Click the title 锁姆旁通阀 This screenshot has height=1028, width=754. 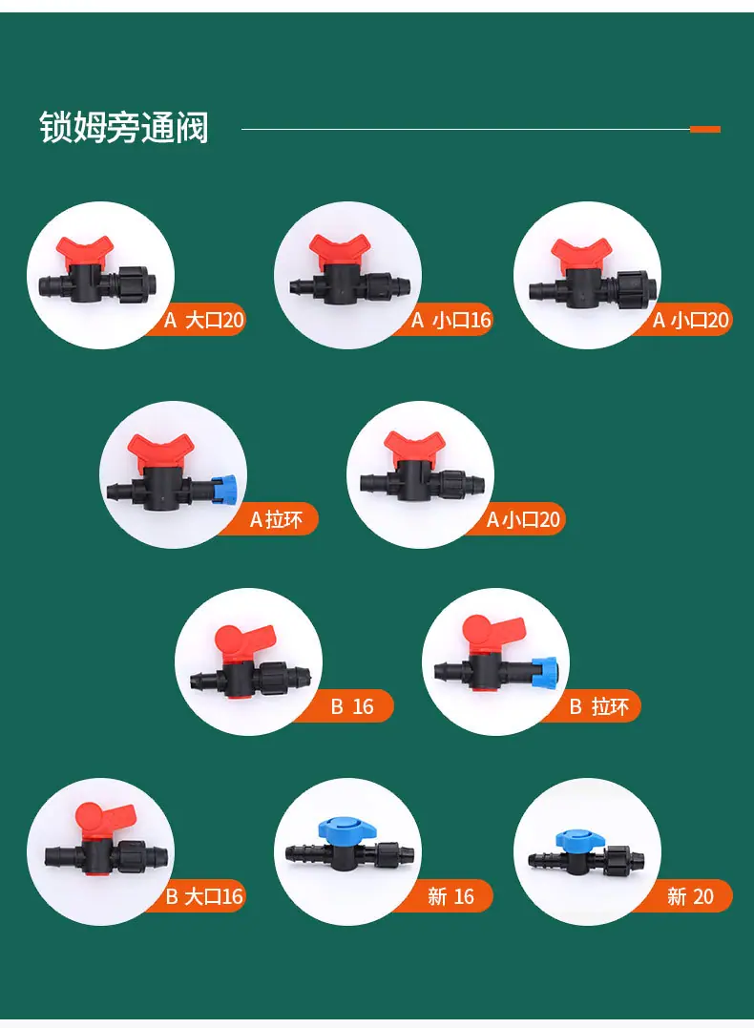tap(123, 127)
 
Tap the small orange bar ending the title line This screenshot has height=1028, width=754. tap(704, 129)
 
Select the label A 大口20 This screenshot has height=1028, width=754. tap(204, 320)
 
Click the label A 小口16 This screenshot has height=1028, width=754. tap(451, 320)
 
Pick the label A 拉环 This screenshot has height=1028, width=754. tap(276, 520)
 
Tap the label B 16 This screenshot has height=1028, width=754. tap(352, 706)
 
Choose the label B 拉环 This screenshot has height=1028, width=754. tap(598, 706)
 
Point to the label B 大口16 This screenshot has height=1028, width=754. tap(204, 896)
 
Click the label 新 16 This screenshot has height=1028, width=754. tap(450, 896)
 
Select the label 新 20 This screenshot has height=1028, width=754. tap(690, 896)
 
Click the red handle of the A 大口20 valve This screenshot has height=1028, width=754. tap(85, 252)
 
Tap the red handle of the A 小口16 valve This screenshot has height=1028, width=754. tap(339, 250)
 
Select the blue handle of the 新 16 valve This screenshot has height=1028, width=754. tap(346, 829)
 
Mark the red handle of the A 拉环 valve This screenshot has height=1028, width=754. tap(160, 451)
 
